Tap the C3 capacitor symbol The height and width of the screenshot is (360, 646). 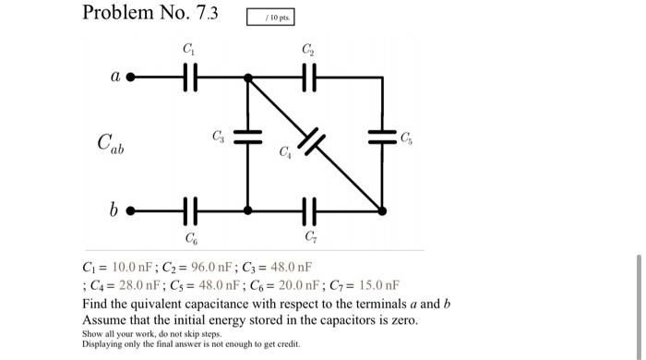[x=247, y=138]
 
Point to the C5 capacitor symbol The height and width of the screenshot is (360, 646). [x=382, y=138]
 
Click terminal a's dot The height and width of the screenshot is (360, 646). [x=130, y=78]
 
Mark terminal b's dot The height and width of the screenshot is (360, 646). [x=130, y=210]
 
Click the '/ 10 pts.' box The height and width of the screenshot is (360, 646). [x=278, y=18]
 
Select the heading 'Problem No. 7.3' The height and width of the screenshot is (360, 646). [x=150, y=13]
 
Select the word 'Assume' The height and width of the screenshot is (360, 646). [x=105, y=319]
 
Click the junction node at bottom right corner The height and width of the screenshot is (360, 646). [x=382, y=210]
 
